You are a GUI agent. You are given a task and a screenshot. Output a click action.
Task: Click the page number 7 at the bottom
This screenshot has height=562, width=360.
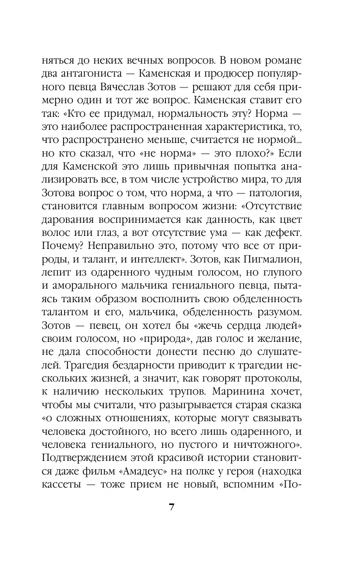[x=171, y=508]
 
